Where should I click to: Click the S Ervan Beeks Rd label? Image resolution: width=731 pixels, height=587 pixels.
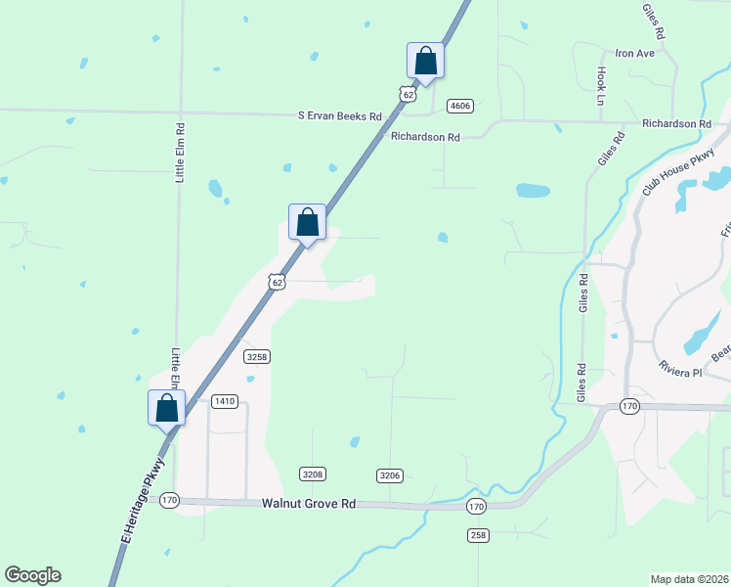coord(340,115)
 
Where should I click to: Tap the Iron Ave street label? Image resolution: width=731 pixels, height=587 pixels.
coord(633,53)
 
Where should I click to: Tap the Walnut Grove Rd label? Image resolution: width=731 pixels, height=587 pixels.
coord(308,504)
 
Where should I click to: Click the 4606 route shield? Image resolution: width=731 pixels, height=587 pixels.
coord(459,106)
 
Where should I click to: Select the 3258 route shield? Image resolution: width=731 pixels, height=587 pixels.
coord(257,357)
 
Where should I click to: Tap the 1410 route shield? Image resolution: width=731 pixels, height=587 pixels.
coord(226,401)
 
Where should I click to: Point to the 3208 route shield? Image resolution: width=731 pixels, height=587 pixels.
coord(312,474)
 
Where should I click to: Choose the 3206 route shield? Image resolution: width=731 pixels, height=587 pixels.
coord(390,475)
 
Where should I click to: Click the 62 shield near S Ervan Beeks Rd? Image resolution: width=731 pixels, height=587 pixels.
coord(406,93)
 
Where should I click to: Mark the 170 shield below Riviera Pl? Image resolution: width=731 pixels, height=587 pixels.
coord(628,406)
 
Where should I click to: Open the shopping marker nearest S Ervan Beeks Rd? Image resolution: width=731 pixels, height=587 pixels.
coord(425,61)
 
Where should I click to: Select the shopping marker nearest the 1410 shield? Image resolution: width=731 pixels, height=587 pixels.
coord(166,408)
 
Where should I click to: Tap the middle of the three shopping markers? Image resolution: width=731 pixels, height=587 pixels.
coord(307,222)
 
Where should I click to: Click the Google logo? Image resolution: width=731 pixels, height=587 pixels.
coord(32,575)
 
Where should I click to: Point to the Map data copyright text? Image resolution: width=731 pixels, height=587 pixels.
coord(689,579)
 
